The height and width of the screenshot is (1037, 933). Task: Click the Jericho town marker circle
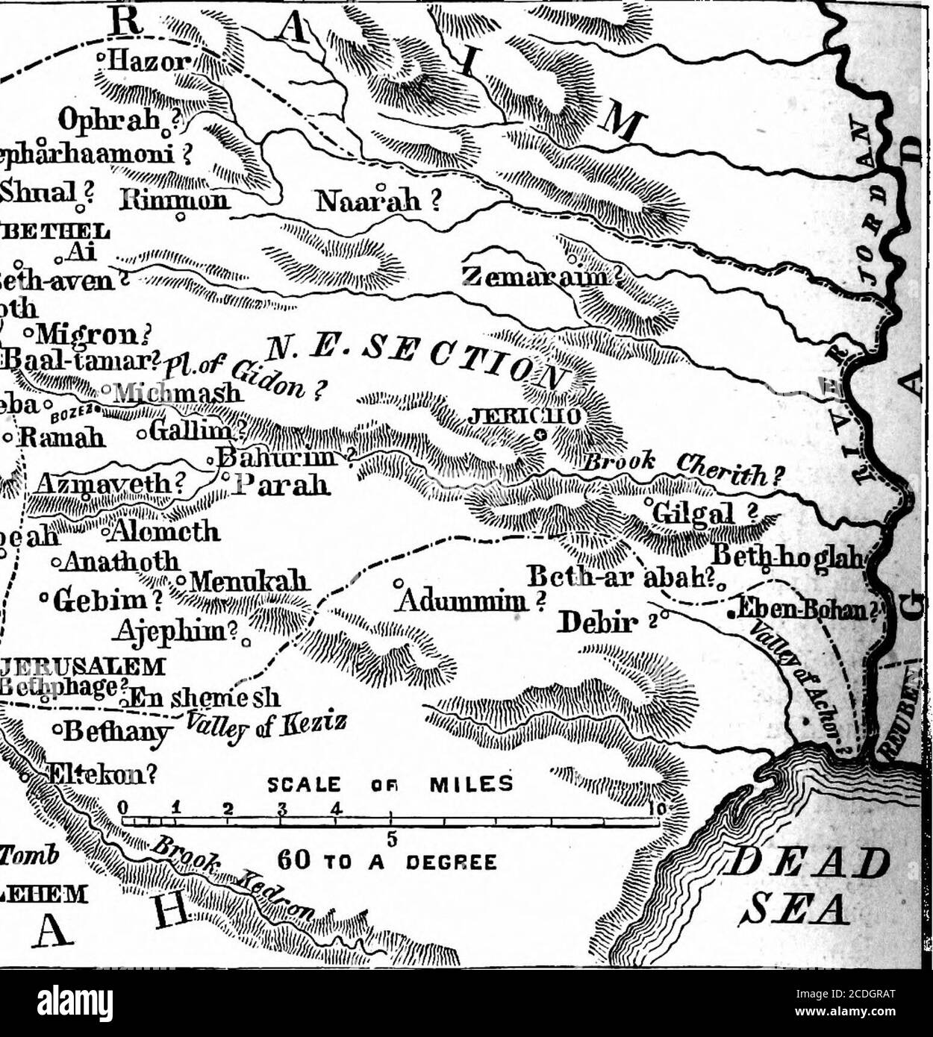[540, 435]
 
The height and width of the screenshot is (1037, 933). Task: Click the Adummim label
[470, 600]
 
